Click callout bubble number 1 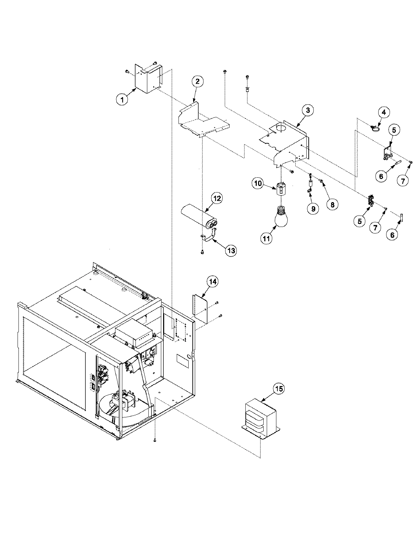[121, 100]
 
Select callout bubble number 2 [197, 82]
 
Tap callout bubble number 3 [308, 110]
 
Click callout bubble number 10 [258, 183]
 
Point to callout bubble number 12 [217, 198]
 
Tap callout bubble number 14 [213, 281]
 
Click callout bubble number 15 [279, 389]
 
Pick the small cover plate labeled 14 [199, 308]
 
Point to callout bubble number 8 [332, 205]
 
